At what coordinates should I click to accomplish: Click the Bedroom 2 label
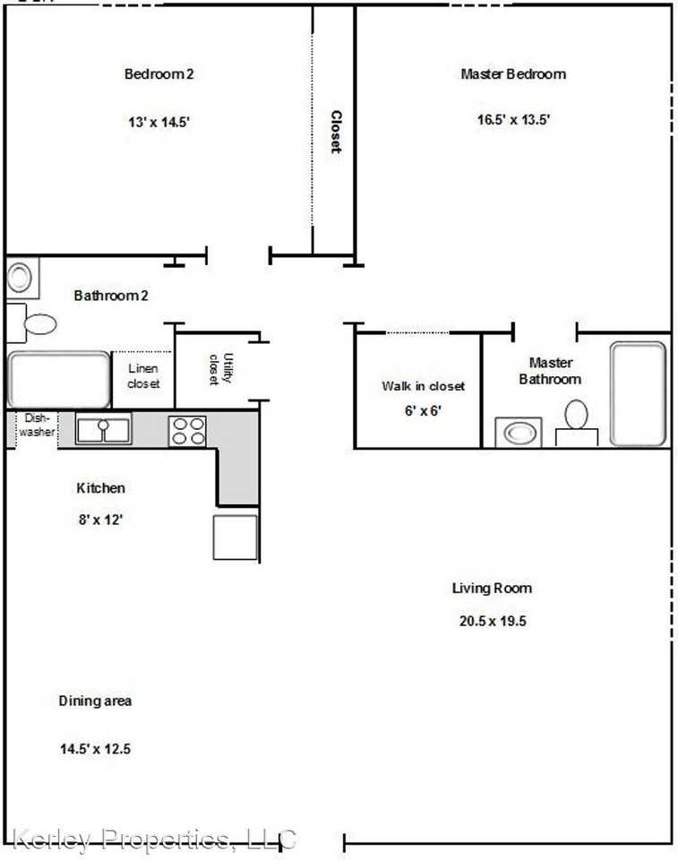pos(159,74)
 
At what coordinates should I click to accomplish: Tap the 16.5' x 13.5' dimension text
pos(513,119)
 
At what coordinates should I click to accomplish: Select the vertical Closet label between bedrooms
pos(336,132)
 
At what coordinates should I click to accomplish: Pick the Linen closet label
pos(143,376)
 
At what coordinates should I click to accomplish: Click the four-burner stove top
pos(188,431)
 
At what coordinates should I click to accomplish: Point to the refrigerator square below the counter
pos(235,537)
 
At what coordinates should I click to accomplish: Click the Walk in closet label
pos(423,386)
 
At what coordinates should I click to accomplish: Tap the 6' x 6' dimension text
pos(423,410)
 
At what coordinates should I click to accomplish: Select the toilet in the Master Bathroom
pos(577,417)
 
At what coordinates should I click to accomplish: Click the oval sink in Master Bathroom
pos(519,433)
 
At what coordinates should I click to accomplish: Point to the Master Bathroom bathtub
pos(638,393)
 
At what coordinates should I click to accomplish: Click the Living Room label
pos(491,589)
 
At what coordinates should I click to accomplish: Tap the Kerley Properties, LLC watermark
pos(154,839)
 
